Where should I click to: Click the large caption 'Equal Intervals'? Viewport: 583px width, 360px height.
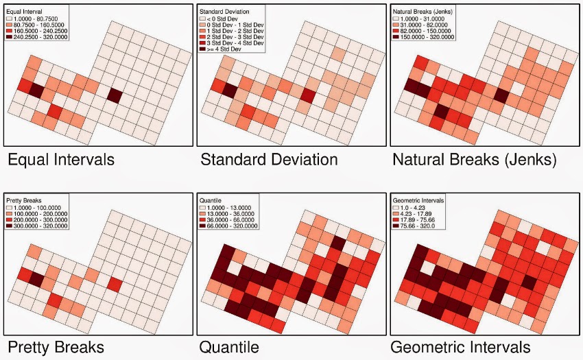(61, 160)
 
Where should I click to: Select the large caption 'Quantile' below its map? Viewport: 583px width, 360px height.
(229, 347)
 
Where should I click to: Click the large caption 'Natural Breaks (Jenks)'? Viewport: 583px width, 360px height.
(474, 160)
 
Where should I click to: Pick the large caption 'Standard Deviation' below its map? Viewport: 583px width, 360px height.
(269, 160)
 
